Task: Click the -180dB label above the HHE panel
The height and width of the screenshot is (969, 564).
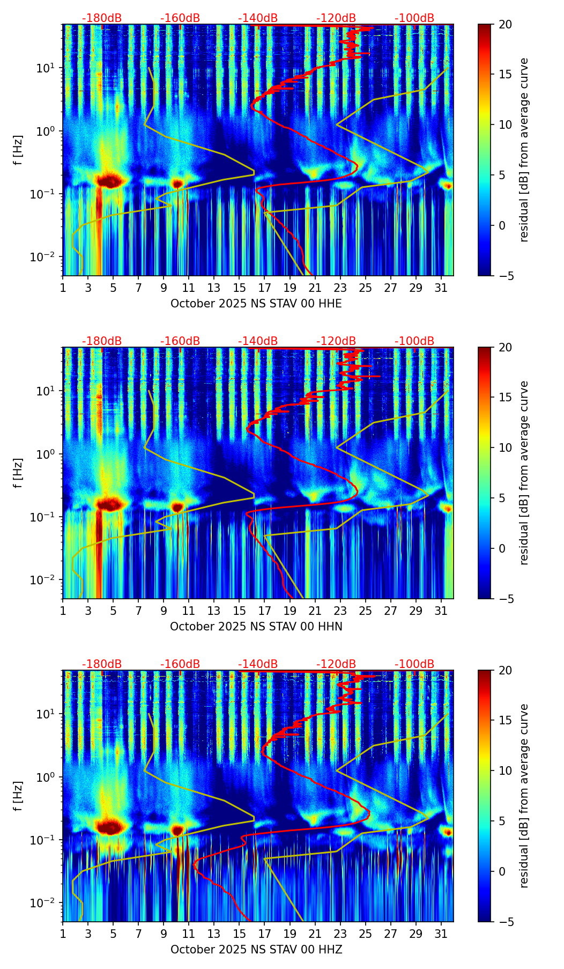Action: (x=102, y=18)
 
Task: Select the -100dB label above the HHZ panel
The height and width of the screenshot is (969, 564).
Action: (x=414, y=664)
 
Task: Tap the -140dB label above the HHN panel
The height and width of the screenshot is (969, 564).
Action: (x=258, y=341)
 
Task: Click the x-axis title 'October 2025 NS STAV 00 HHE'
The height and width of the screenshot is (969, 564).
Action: (x=256, y=304)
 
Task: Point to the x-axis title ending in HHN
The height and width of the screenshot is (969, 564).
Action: (x=256, y=627)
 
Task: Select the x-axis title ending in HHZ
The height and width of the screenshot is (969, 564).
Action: (x=256, y=950)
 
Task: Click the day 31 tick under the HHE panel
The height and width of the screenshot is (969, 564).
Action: (x=441, y=287)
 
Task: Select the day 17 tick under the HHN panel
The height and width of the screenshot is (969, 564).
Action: (x=265, y=610)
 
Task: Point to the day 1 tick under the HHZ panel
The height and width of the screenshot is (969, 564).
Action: (x=63, y=933)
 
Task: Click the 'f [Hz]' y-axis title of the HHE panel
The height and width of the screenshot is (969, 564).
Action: (x=19, y=150)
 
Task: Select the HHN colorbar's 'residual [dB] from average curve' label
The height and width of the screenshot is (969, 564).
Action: (x=524, y=473)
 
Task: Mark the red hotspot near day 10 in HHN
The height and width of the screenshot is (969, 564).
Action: (x=177, y=506)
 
